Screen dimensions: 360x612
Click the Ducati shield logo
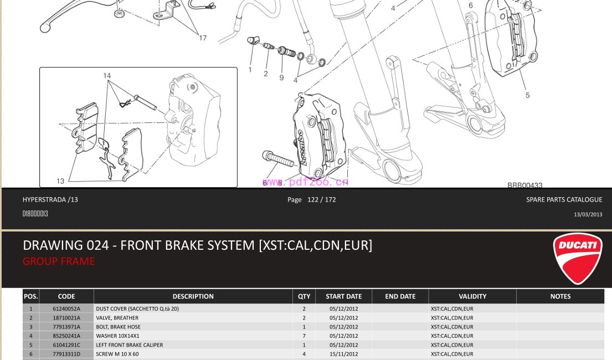pos(577,258)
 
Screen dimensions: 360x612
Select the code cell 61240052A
pos(66,308)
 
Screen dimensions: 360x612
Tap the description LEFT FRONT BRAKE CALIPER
pos(130,345)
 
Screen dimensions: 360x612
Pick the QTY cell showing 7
pos(304,336)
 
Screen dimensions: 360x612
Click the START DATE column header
pos(343,296)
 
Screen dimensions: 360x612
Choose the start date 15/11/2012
pos(343,354)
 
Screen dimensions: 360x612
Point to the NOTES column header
pos(560,296)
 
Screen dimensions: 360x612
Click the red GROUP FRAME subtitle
pos(59,261)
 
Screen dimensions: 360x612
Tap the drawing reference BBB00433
pos(524,186)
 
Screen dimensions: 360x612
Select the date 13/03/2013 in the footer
pos(588,214)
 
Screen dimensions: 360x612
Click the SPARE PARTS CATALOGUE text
pos(564,199)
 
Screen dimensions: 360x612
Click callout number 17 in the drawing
pos(203,38)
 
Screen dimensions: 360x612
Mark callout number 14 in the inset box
pos(107,76)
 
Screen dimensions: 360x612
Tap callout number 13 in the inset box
pos(60,181)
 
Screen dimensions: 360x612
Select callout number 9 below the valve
pos(281,78)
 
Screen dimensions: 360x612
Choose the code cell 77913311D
pos(66,354)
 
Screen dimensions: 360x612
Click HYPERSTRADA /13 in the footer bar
pos(50,199)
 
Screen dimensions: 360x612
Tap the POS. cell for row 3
pos(31,327)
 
